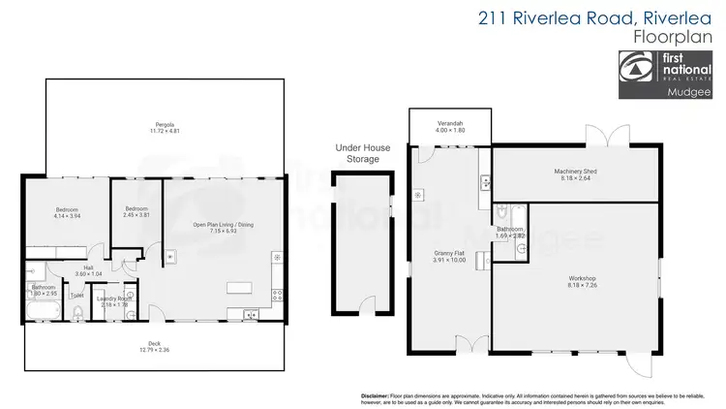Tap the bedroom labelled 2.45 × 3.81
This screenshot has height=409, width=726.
tap(136, 213)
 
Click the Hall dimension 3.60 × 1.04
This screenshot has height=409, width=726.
tap(88, 272)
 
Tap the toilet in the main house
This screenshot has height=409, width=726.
tap(76, 310)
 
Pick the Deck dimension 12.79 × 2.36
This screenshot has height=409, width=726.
tap(154, 348)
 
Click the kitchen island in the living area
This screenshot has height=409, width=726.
tap(238, 289)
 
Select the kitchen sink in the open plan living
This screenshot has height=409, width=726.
tap(251, 313)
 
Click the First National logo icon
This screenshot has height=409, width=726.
tap(637, 70)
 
